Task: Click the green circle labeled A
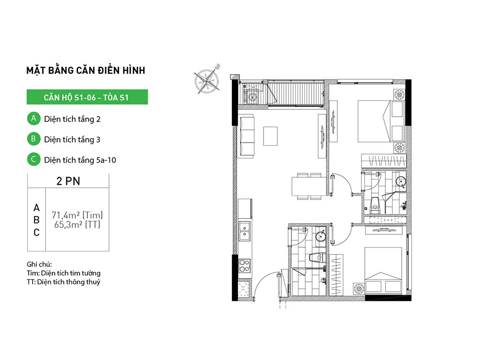[34, 119]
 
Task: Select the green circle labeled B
[34, 139]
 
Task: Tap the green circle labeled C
[34, 159]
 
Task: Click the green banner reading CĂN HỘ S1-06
[87, 97]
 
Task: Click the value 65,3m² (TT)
[77, 225]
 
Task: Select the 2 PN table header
[68, 181]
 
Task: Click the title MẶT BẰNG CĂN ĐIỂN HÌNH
[86, 70]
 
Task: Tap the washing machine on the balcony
[252, 97]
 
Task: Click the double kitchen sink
[245, 231]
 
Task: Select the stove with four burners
[245, 266]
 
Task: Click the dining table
[309, 186]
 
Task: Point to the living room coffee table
[270, 136]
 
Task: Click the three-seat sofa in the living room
[247, 136]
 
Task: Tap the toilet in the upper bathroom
[375, 205]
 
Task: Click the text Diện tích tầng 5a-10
[80, 160]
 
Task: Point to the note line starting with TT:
[63, 282]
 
